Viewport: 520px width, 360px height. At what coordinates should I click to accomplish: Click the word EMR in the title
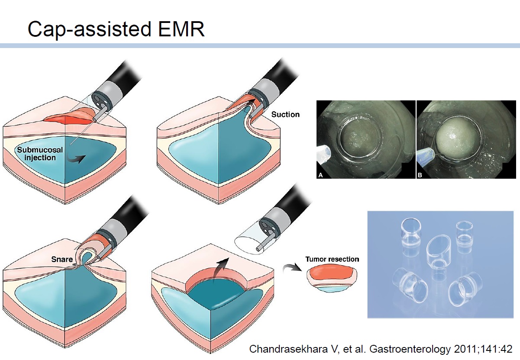(x=181, y=29)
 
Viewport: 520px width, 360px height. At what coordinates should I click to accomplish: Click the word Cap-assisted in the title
(x=89, y=30)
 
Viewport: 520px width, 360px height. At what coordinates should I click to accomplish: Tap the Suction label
(x=285, y=114)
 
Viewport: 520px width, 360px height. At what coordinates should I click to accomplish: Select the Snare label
(x=62, y=259)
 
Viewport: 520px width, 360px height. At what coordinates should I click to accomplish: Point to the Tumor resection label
(x=332, y=259)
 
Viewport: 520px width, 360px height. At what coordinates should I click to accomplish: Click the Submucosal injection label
(x=40, y=154)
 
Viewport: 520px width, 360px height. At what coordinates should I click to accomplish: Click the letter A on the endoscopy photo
(x=320, y=175)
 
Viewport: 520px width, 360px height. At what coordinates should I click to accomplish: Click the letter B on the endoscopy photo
(x=420, y=175)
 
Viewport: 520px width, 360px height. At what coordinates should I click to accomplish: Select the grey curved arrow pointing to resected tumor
(x=292, y=269)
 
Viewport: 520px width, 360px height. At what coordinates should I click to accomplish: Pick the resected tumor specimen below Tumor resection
(x=332, y=280)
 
